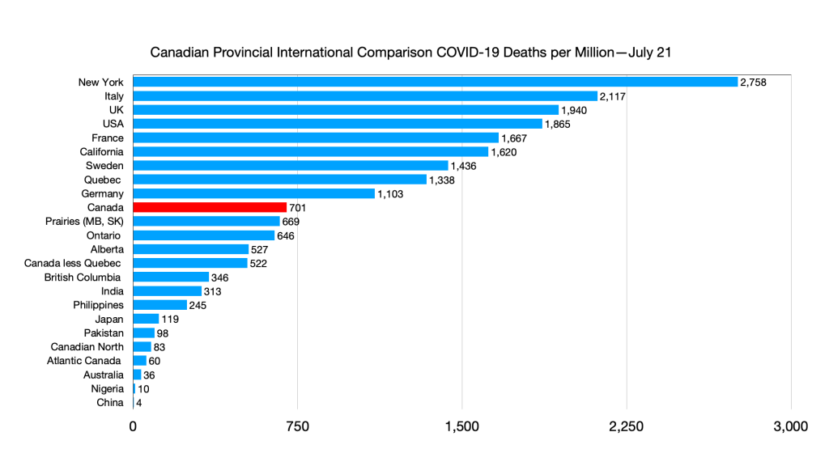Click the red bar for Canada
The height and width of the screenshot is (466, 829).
(210, 207)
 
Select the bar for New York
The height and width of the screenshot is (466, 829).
(435, 82)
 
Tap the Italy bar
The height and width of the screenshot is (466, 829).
(364, 96)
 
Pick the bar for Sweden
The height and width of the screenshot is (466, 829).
(290, 166)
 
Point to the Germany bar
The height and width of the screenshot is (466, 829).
(253, 193)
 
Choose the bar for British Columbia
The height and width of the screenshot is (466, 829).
(171, 277)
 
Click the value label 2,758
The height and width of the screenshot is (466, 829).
(753, 83)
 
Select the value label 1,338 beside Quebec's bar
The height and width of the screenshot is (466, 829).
(441, 180)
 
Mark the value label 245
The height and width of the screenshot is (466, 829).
(199, 306)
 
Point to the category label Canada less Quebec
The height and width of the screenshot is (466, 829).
(73, 263)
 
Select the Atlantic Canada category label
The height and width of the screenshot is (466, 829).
(84, 360)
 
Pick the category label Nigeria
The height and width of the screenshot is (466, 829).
(107, 388)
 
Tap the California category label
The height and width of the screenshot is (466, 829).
(101, 151)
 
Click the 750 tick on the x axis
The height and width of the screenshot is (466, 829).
(297, 426)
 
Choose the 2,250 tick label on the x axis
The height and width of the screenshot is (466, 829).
(626, 426)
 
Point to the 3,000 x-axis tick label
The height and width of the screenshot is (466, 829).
(790, 426)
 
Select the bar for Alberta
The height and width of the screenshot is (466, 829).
(190, 249)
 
